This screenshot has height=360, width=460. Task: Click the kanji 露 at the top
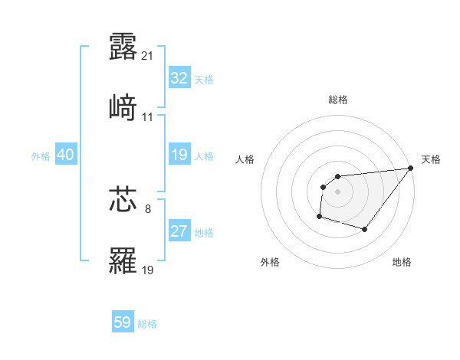coord(123,46)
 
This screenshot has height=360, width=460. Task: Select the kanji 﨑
coord(123,108)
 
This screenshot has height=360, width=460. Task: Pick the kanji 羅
coord(123,260)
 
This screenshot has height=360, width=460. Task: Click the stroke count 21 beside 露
coord(149,55)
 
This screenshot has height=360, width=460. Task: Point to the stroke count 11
coord(148,117)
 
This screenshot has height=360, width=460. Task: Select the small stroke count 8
coord(148,208)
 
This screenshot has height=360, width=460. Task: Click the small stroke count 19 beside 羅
coord(149,270)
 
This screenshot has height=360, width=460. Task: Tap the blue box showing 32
coord(179,78)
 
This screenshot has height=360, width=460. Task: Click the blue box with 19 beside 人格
coord(179,155)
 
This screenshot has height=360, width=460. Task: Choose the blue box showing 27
coord(179,231)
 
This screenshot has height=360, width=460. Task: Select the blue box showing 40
coord(66,155)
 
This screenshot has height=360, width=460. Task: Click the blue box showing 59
coord(123,322)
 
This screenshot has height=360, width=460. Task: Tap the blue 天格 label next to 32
coord(204,80)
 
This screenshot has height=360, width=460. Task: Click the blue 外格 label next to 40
coord(41,156)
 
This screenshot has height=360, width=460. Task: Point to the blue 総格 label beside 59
coord(147,324)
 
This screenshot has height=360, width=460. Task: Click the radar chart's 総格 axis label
coord(338,100)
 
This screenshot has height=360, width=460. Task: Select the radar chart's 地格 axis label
coord(402,262)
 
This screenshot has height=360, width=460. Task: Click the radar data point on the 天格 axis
coord(411,169)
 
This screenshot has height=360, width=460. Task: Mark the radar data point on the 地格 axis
coord(366,229)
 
